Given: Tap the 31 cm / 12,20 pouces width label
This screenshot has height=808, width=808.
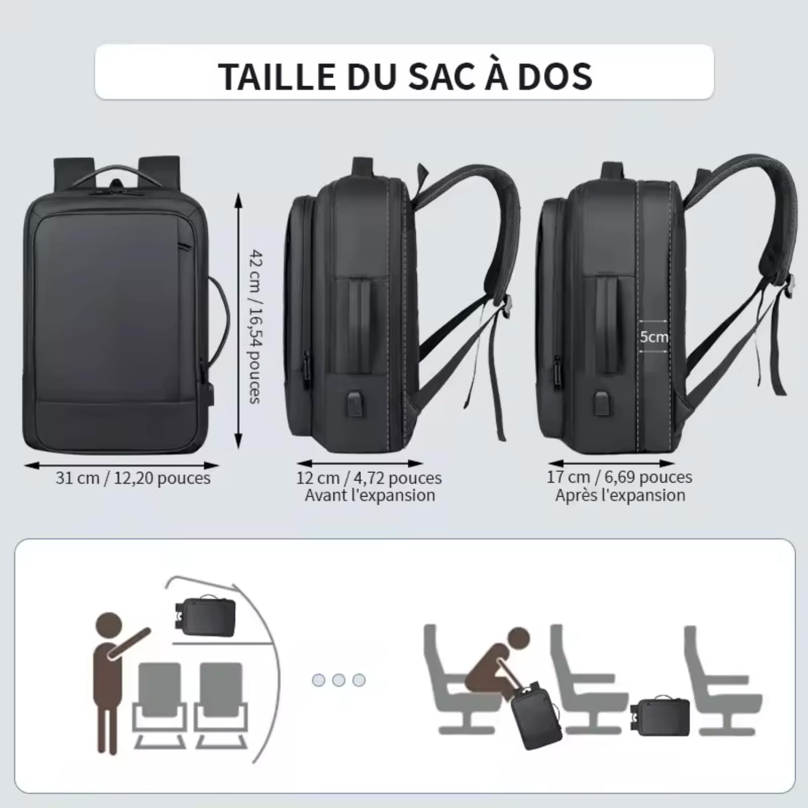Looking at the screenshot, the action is pos(133,478).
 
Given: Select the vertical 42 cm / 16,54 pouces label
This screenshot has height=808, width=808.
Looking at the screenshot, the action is pos(254,326).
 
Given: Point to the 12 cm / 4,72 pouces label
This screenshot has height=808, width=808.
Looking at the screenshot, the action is pos(369,478).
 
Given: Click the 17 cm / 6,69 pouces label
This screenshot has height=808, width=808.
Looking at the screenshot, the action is pos(619,477).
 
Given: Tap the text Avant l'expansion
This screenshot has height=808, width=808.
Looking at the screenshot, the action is pos(370,496).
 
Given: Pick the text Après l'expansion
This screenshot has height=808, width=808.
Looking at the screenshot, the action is pos(621,496).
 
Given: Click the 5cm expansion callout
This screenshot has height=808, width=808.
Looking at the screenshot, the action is pos(654,337).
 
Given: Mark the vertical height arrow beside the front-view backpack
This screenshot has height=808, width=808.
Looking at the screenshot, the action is pos(239,321).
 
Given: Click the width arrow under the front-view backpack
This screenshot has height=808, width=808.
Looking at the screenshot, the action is pos(122,465).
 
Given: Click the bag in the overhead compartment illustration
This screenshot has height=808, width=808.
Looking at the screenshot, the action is pos(205,616).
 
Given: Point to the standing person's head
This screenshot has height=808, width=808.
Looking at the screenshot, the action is pos(108,626).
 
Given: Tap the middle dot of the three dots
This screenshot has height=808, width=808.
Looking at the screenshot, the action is pos(339,680).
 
